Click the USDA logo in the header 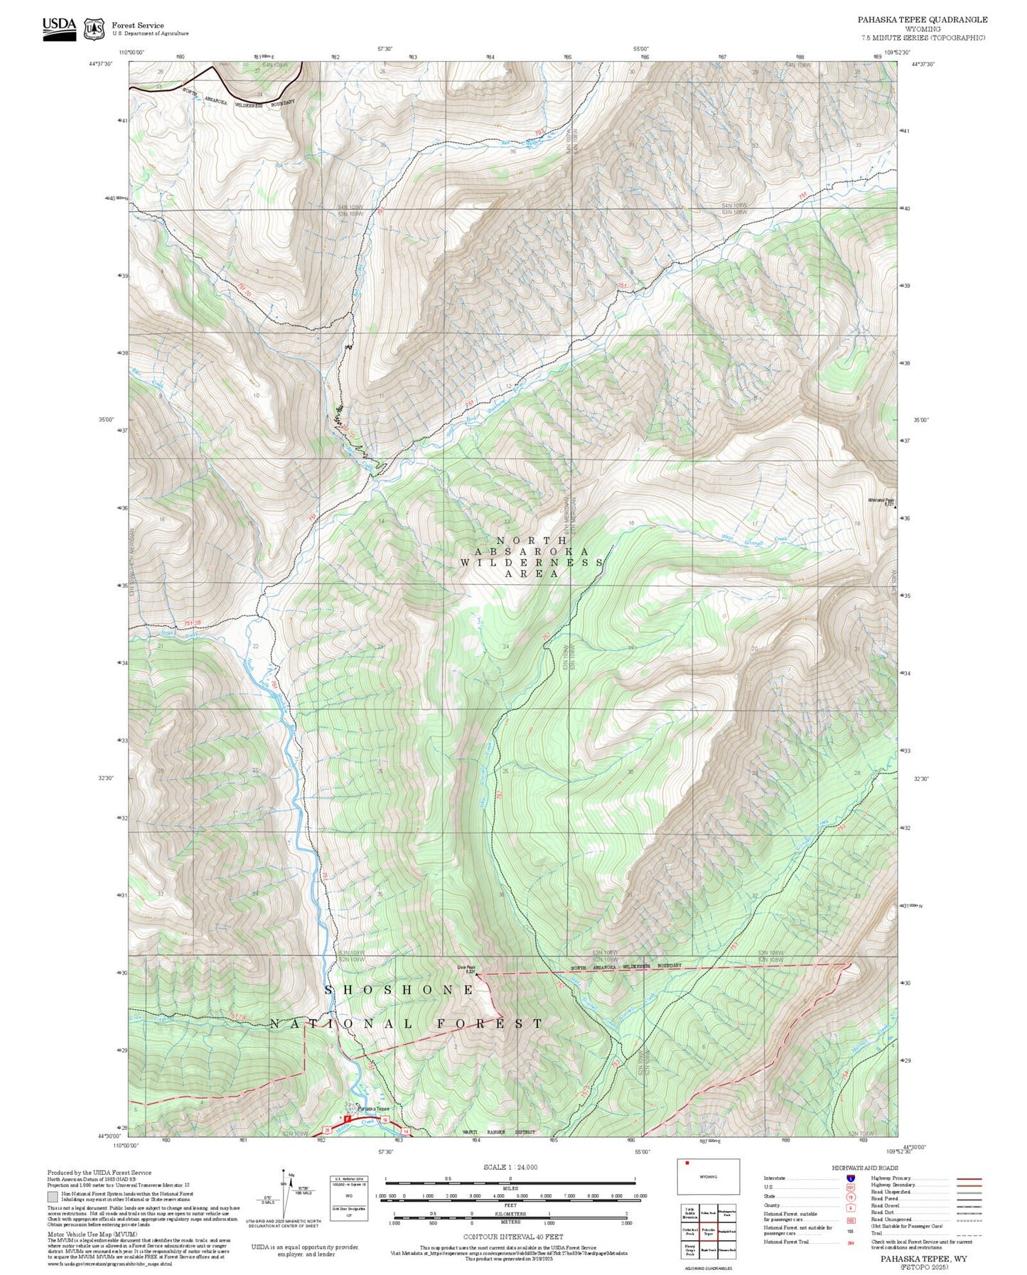pyautogui.click(x=59, y=28)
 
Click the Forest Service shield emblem pyautogui.click(x=94, y=29)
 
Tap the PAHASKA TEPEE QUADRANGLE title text pyautogui.click(x=922, y=19)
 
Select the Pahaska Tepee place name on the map pyautogui.click(x=374, y=1109)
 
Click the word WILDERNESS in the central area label pyautogui.click(x=532, y=562)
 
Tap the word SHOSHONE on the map pyautogui.click(x=400, y=990)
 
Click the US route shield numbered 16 pyautogui.click(x=385, y=1120)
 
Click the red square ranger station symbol pyautogui.click(x=347, y=1119)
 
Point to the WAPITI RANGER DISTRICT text pyautogui.click(x=499, y=1132)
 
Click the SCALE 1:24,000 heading pyautogui.click(x=510, y=1167)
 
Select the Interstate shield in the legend pyautogui.click(x=851, y=1178)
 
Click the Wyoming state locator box pyautogui.click(x=708, y=1176)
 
